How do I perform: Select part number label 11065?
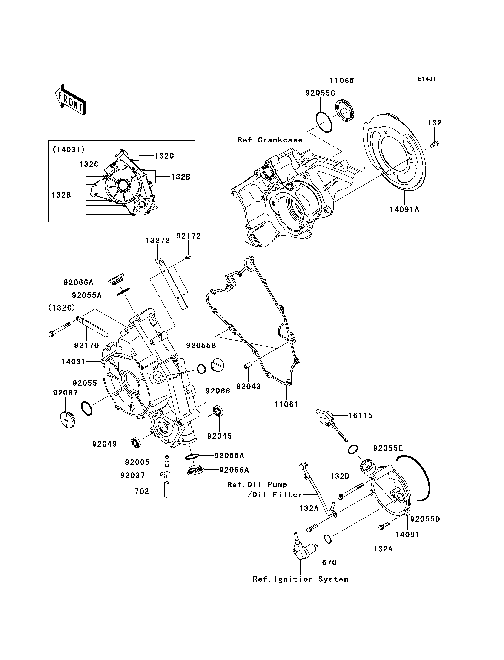[342, 81]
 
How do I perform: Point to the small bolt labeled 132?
[434, 144]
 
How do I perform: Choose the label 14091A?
[404, 209]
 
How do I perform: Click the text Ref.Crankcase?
[270, 140]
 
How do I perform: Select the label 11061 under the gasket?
[286, 404]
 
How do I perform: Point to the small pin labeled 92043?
[247, 366]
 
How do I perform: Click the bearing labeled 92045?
[218, 411]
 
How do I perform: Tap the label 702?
[142, 491]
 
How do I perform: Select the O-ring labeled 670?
[328, 539]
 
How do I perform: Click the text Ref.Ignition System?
[301, 579]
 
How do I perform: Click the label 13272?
[158, 240]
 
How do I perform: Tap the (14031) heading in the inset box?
[69, 149]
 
